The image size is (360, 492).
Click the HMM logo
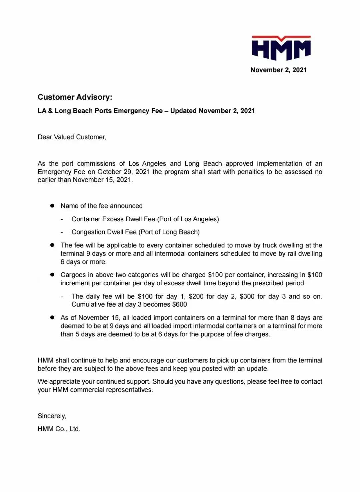pyautogui.click(x=281, y=48)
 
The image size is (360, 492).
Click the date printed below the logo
pyautogui.click(x=278, y=70)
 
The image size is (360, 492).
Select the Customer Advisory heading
pyautogui.click(x=75, y=97)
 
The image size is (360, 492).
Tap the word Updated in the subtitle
pyautogui.click(x=183, y=111)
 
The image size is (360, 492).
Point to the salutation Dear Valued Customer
pyautogui.click(x=72, y=137)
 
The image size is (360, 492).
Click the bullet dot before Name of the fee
pyautogui.click(x=52, y=206)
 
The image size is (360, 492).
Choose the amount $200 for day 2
pyautogui.click(x=196, y=296)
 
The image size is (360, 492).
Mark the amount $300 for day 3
pyautogui.click(x=247, y=296)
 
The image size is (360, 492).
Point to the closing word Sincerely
pyautogui.click(x=52, y=416)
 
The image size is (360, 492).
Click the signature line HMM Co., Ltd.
pyautogui.click(x=59, y=429)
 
